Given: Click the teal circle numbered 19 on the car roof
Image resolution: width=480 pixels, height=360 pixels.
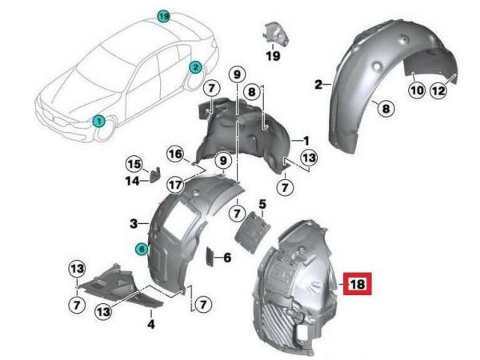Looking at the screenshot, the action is coord(163,16).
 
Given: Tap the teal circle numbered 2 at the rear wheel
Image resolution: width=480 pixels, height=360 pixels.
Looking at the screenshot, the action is coord(195,67).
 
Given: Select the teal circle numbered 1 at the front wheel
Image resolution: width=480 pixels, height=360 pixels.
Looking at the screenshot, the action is coord(99,122).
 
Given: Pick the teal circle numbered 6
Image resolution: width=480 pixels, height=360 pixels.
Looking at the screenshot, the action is coord(142,249).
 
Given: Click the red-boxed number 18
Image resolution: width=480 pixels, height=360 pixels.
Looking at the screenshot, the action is coord(358,284).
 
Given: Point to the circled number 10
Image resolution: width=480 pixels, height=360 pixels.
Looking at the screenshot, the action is coord(418,90).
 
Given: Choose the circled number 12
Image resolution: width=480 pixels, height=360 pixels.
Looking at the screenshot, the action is coord(438,90).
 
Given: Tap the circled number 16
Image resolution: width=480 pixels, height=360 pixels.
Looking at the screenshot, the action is coord(175,154).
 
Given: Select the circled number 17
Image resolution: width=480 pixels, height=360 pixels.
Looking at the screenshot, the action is coord(175,185).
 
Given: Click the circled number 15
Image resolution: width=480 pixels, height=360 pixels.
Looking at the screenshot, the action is coord(134,164).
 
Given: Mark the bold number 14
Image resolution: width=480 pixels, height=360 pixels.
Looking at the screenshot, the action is coord(132,182).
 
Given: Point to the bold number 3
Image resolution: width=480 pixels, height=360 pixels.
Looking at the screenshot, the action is coord(134,224).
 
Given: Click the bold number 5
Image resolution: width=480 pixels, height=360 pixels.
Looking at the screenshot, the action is coord(262,204).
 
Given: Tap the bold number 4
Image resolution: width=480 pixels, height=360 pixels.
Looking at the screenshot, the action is coord(151,324).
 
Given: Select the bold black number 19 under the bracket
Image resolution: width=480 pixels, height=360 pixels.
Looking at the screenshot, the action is coord(273,56).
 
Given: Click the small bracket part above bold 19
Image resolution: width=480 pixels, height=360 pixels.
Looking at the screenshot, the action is coord(275,34).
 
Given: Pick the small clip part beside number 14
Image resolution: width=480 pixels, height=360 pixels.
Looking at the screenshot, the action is coord(155,174).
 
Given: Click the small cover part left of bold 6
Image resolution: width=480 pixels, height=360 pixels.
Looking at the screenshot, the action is coord(210,257).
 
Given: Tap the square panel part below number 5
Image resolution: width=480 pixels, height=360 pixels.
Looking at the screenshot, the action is coord(253,232).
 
